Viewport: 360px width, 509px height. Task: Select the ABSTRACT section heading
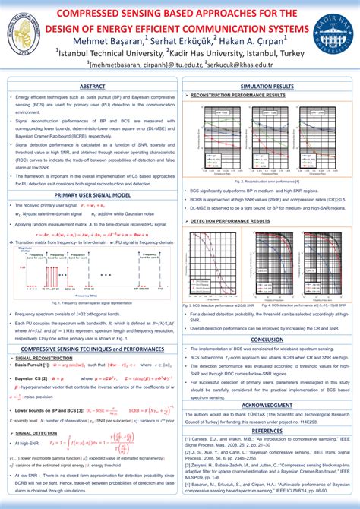click(x=93, y=87)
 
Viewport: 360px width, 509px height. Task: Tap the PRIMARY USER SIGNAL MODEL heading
click(x=93, y=195)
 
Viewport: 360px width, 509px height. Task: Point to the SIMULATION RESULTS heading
click(x=267, y=87)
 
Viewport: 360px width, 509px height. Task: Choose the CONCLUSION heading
click(x=267, y=340)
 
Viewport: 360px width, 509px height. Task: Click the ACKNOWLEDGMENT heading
click(x=267, y=405)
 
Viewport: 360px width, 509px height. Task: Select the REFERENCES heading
click(x=267, y=430)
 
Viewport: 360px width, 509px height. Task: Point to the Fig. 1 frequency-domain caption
click(x=92, y=302)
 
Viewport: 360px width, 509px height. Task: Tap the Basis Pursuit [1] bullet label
click(x=35, y=365)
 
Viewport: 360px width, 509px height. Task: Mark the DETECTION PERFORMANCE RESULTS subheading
click(x=230, y=220)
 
